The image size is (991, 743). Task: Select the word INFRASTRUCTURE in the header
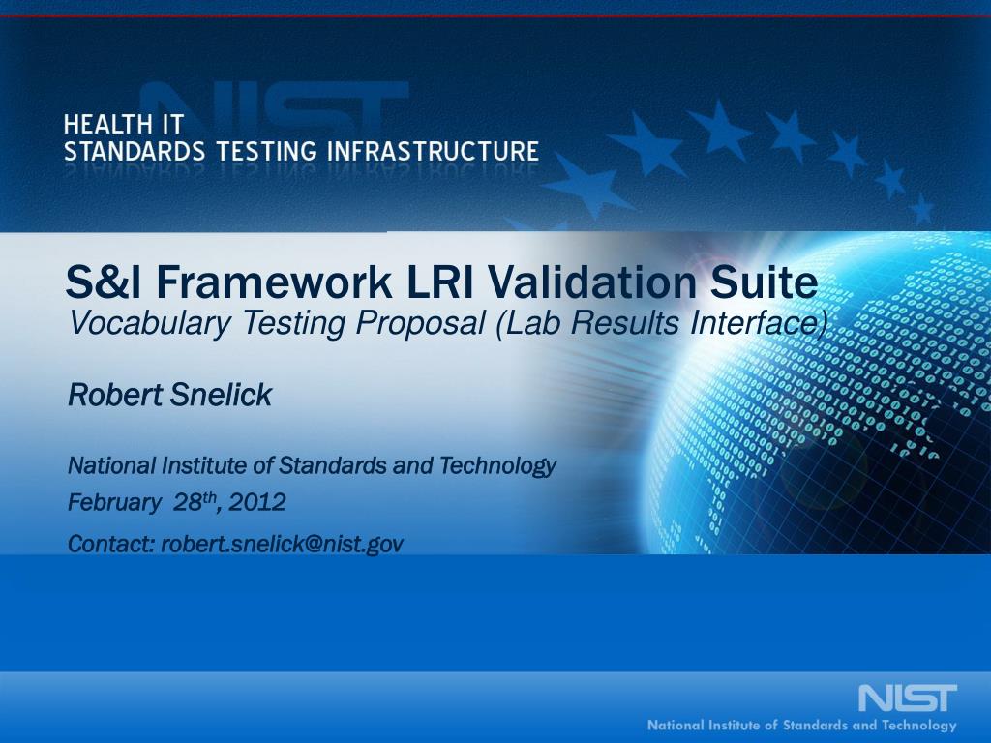point(433,152)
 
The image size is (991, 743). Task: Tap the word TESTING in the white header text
point(266,152)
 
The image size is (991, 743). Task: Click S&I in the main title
point(104,282)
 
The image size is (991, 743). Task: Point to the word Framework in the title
point(274,282)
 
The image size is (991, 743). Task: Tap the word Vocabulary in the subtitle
point(150,323)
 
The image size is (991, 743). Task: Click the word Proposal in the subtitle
point(420,323)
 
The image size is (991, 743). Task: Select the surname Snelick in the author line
point(222,395)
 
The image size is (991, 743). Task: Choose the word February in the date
point(114,503)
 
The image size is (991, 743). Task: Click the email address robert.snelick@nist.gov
point(282,544)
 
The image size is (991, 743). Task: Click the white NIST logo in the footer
point(908,698)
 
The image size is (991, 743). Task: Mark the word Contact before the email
point(111,544)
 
